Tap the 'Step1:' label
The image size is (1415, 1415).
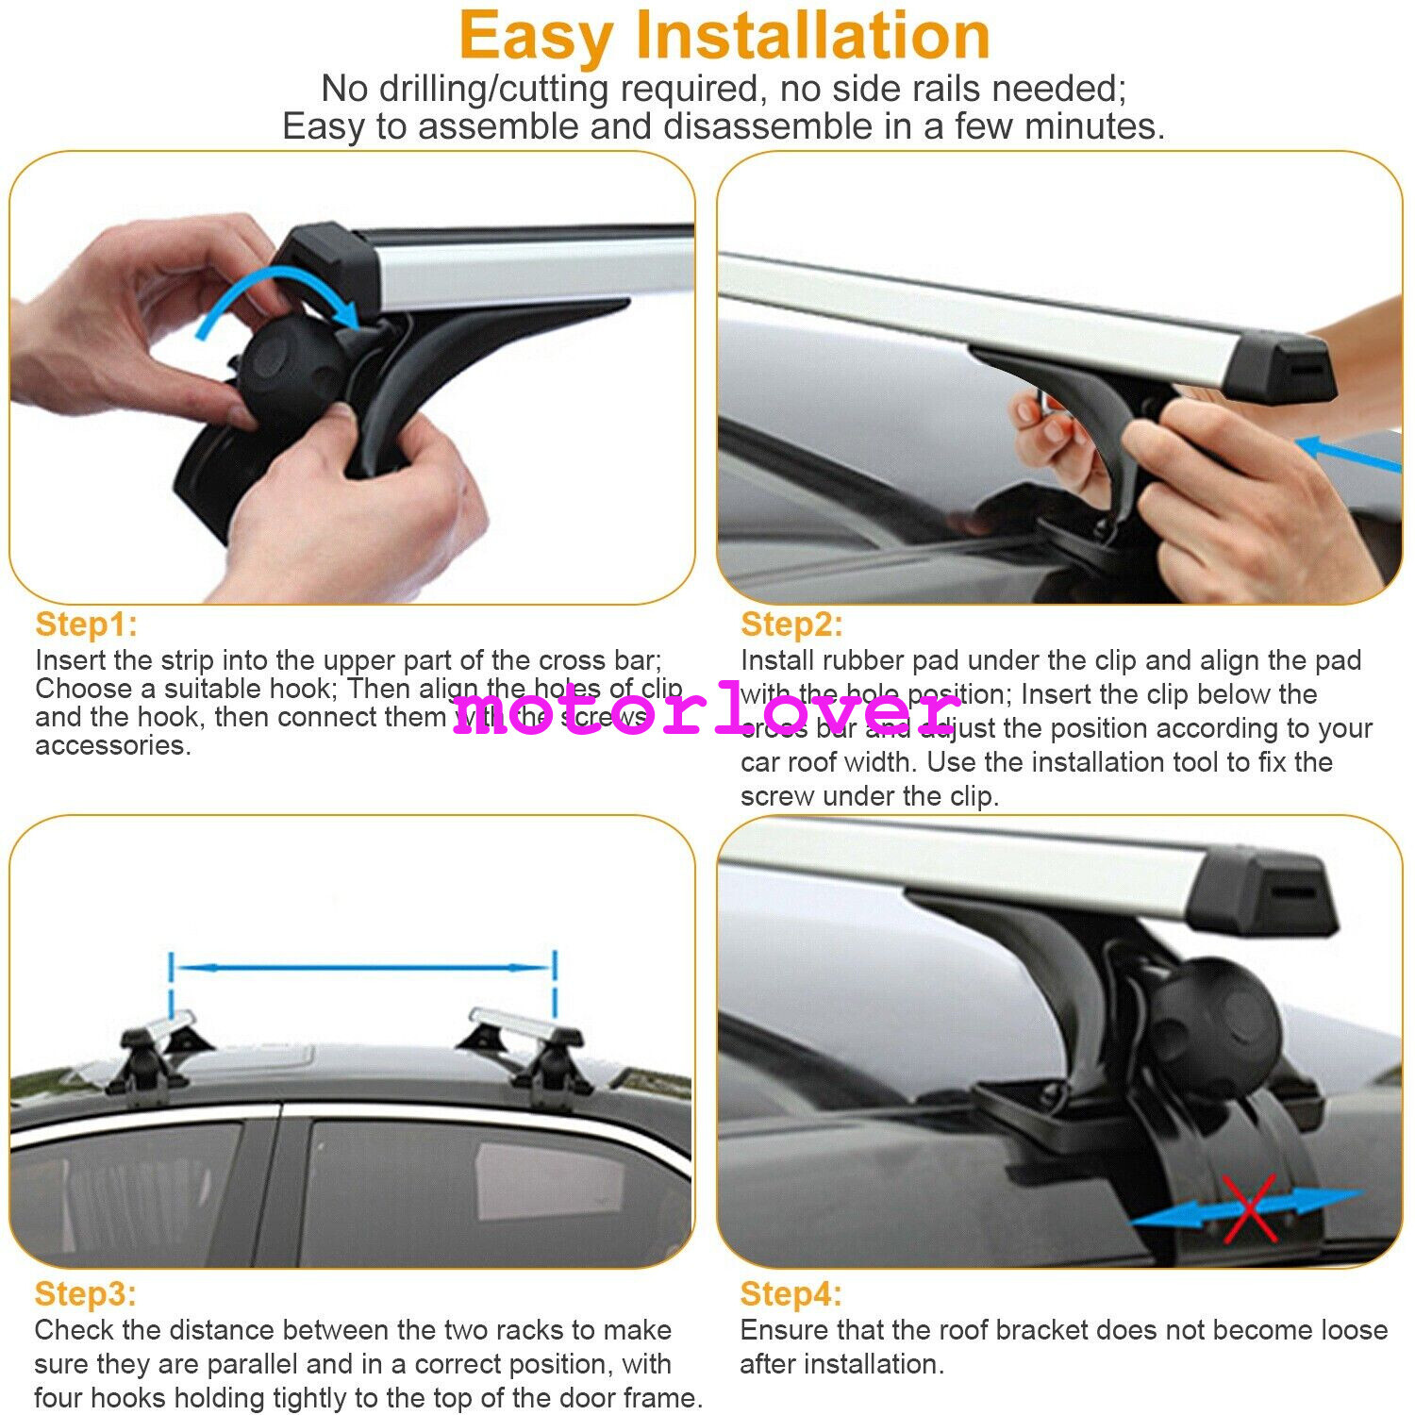[86, 624]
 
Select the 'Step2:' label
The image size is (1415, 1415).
[791, 624]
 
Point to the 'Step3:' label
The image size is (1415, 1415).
[85, 1293]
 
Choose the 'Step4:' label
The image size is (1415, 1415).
[791, 1293]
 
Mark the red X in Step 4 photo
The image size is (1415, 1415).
[1250, 1208]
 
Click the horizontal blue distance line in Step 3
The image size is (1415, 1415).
[362, 968]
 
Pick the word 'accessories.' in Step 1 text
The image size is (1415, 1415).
[113, 745]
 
